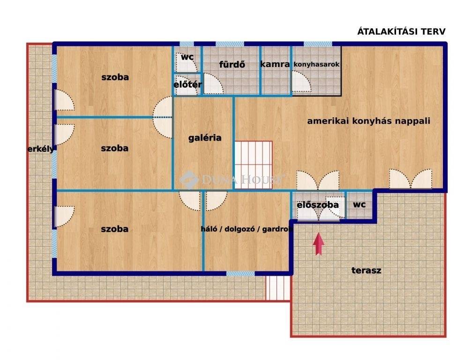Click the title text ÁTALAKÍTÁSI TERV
click(x=401, y=31)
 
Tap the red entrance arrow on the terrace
click(x=318, y=244)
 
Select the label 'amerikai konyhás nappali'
click(x=368, y=121)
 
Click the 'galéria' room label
click(x=205, y=138)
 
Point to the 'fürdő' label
click(x=232, y=64)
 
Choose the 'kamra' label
click(x=275, y=64)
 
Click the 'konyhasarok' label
click(x=316, y=64)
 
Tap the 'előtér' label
click(x=187, y=84)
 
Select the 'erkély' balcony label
click(x=41, y=149)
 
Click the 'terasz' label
click(x=366, y=270)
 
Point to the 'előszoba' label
click(x=317, y=205)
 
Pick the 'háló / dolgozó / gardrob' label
click(x=247, y=229)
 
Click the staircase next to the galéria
click(x=253, y=165)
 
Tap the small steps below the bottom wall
click(x=278, y=288)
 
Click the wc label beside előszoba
click(x=359, y=204)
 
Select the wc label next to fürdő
click(x=187, y=57)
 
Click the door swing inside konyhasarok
click(x=301, y=81)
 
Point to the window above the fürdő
click(x=230, y=44)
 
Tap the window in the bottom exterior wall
click(x=240, y=274)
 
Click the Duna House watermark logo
click(x=188, y=180)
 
